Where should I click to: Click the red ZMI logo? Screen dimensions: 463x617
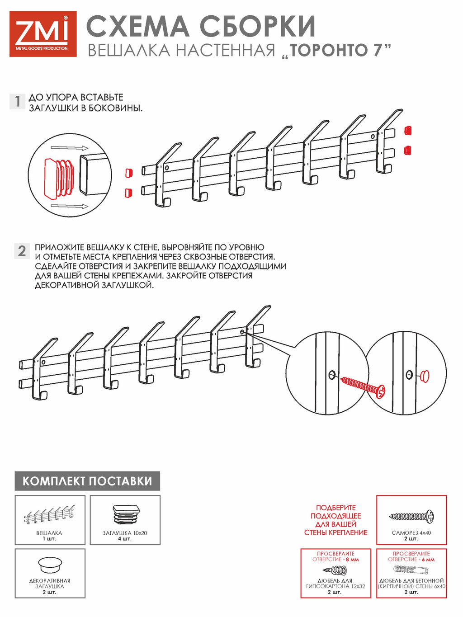[43, 34]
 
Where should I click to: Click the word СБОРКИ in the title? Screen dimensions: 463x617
[258, 26]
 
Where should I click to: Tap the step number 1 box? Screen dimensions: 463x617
[18, 101]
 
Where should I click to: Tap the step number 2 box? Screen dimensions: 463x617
[22, 251]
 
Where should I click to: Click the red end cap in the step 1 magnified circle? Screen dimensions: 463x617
[59, 177]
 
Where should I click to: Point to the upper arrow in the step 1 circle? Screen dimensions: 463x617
[70, 148]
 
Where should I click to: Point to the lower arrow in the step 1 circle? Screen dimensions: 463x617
[70, 206]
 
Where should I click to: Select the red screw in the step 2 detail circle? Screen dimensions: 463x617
[363, 387]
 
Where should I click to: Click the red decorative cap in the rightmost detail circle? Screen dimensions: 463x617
[425, 376]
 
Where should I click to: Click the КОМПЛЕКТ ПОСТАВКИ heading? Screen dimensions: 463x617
[87, 481]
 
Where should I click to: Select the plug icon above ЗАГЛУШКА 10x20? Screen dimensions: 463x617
[126, 515]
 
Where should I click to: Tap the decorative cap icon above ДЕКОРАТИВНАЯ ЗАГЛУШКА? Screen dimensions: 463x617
[50, 565]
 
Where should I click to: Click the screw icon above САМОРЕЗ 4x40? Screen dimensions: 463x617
[411, 516]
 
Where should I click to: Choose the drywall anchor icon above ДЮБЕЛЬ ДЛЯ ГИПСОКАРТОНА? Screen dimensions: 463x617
[335, 570]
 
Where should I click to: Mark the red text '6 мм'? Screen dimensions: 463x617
[428, 560]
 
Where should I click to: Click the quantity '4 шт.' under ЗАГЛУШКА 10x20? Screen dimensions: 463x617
[125, 538]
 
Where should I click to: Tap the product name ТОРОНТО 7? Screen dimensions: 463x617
[337, 50]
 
